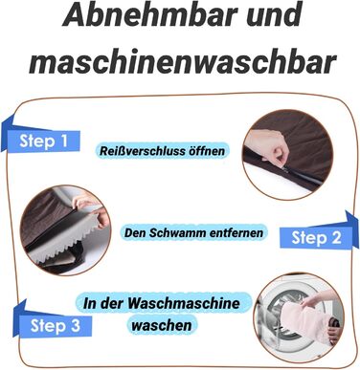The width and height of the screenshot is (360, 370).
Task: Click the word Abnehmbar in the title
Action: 150,15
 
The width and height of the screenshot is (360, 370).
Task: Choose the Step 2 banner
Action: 319,232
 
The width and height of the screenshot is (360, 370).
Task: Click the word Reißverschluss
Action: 142,150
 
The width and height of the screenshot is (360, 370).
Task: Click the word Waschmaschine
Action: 184,303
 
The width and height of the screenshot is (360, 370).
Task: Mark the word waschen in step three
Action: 162,325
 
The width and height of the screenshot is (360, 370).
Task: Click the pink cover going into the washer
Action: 304,320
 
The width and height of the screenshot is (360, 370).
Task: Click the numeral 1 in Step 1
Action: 64,141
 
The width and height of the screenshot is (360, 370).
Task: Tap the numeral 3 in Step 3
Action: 76,325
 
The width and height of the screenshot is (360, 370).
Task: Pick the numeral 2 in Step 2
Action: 335,237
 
